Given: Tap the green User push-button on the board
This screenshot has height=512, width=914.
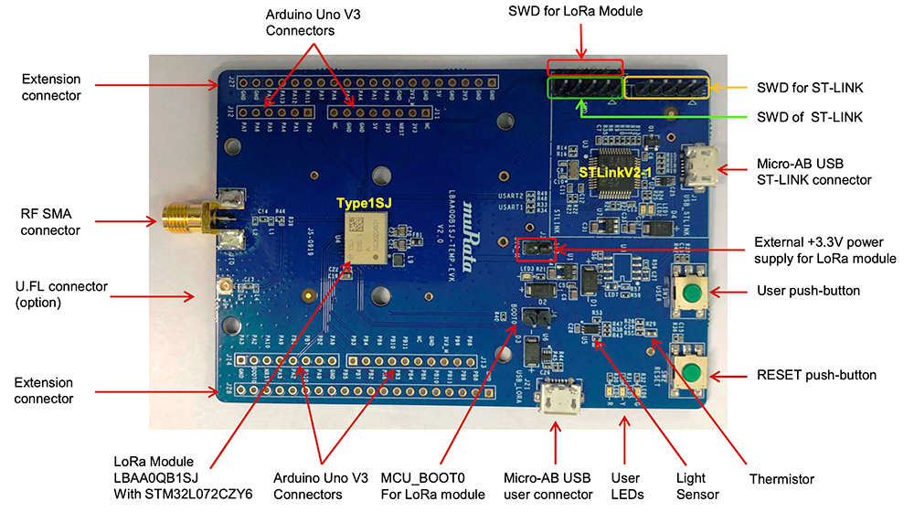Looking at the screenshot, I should point(693,293).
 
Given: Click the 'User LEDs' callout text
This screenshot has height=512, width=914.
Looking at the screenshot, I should point(625,486).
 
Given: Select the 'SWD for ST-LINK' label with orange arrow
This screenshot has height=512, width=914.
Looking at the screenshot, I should point(811,88).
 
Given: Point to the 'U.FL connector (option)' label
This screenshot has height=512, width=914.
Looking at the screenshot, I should point(62,294).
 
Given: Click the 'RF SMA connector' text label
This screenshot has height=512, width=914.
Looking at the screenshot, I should point(51,222).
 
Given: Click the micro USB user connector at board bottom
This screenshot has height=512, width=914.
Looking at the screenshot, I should point(555,400).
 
